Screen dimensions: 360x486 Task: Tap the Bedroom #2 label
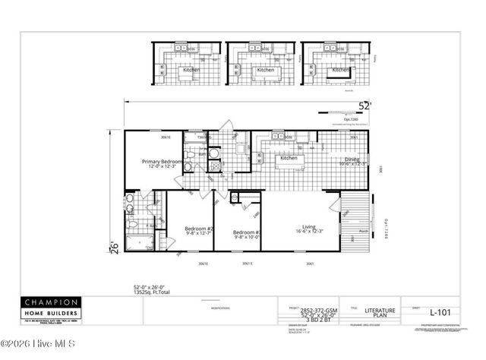pyautogui.click(x=200, y=230)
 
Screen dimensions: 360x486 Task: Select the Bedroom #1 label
pyautogui.click(x=248, y=234)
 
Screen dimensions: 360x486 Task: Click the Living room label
pyautogui.click(x=309, y=229)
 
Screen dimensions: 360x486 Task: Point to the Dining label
pyautogui.click(x=352, y=161)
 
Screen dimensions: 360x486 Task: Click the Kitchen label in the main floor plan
pyautogui.click(x=289, y=158)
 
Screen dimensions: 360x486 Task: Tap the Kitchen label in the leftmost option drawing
pyautogui.click(x=191, y=70)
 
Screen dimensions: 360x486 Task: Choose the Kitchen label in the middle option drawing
pyautogui.click(x=266, y=70)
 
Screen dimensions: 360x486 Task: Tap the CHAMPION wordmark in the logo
pyautogui.click(x=49, y=302)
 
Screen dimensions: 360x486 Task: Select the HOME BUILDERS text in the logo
pyautogui.click(x=49, y=312)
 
